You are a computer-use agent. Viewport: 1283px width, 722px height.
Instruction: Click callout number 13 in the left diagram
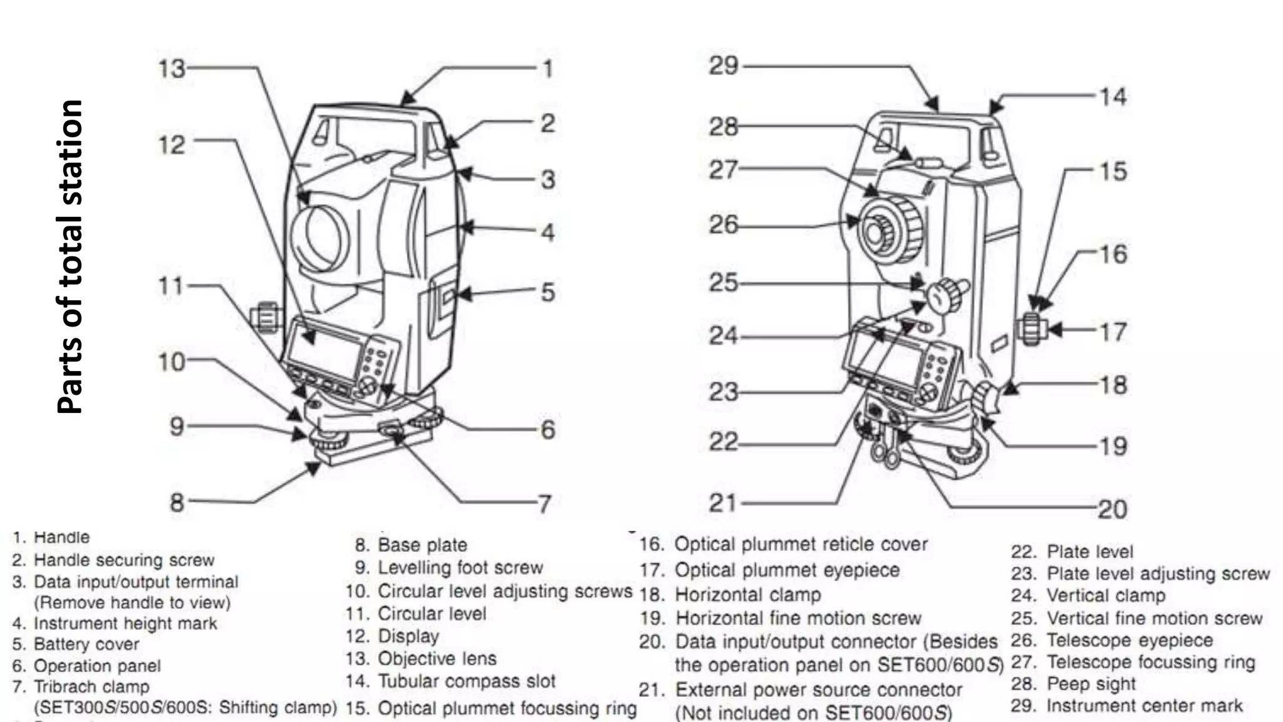(x=172, y=68)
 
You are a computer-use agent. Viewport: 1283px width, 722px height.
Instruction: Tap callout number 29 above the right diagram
(x=724, y=65)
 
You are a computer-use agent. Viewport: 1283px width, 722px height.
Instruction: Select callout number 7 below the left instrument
(x=544, y=503)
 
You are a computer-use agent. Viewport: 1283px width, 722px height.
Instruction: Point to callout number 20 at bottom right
(x=1112, y=509)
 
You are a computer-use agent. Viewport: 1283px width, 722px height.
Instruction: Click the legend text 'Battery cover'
(x=86, y=644)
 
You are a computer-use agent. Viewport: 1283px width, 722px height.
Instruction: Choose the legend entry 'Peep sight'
(x=1091, y=684)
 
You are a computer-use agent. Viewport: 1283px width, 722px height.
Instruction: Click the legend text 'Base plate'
(x=422, y=545)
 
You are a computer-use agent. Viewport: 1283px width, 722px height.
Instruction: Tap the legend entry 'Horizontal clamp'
(x=747, y=594)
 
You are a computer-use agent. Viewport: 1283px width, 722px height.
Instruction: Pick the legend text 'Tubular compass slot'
(x=466, y=681)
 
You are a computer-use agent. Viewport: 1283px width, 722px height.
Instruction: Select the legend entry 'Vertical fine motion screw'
(x=1154, y=619)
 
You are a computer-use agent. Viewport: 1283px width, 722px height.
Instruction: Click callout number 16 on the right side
(x=1113, y=254)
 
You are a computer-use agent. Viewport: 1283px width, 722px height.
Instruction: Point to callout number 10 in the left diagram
(x=171, y=362)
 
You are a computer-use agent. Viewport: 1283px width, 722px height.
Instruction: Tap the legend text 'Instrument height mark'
(x=125, y=624)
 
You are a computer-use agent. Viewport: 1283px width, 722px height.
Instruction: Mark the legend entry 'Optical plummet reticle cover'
(x=800, y=544)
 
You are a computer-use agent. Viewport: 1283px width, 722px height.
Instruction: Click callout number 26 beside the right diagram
(x=724, y=224)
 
